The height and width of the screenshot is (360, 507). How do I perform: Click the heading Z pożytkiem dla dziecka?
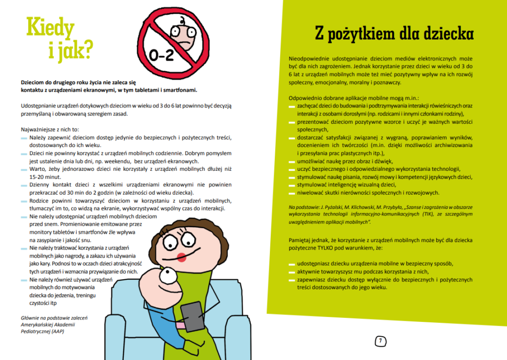(395, 34)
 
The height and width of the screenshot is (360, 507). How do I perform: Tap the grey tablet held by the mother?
(193, 316)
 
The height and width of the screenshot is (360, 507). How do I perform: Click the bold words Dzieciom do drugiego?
(51, 82)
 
